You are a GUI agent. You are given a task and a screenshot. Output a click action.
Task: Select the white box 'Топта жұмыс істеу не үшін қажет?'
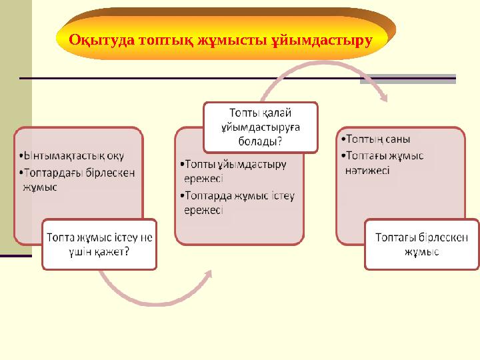click(x=99, y=245)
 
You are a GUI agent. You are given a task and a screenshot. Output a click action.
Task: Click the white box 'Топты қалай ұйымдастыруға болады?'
click(x=260, y=126)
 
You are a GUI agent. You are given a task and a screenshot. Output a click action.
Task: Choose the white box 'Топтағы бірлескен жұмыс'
click(x=421, y=245)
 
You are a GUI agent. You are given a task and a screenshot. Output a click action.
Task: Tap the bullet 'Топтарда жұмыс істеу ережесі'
click(x=238, y=202)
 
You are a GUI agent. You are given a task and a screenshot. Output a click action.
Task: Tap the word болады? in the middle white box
click(x=260, y=141)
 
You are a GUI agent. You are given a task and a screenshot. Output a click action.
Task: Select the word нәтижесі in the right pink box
click(x=368, y=170)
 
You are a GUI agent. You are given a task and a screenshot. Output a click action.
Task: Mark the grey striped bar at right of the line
click(x=407, y=79)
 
